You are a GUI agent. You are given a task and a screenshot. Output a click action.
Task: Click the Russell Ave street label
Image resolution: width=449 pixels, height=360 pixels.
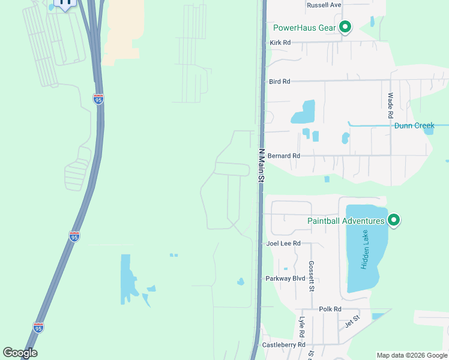pyautogui.click(x=324, y=5)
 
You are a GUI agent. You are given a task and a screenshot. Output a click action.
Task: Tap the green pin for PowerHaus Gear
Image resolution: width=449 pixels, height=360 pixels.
pyautogui.click(x=345, y=27)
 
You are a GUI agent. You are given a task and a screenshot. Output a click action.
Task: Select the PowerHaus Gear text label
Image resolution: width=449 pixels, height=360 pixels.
pyautogui.click(x=304, y=28)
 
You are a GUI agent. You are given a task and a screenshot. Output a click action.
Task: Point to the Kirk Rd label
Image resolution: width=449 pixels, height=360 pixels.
pyautogui.click(x=280, y=43)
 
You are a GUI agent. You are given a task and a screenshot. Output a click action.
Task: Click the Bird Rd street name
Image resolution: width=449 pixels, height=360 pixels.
pyautogui.click(x=280, y=81)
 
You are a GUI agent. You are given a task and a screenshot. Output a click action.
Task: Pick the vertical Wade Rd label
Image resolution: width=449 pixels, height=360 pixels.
pyautogui.click(x=390, y=105)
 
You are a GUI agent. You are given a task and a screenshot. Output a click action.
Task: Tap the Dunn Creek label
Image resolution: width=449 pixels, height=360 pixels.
pyautogui.click(x=414, y=125)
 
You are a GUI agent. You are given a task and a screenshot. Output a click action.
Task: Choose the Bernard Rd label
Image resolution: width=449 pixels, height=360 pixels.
pyautogui.click(x=284, y=155)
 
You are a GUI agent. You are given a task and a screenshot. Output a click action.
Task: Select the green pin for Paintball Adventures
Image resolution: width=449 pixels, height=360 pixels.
pyautogui.click(x=394, y=220)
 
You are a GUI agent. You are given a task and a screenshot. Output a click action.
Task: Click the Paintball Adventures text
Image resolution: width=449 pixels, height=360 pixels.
pyautogui.click(x=346, y=221)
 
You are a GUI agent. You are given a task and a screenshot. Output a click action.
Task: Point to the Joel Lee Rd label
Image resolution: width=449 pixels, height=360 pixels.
pyautogui.click(x=283, y=243)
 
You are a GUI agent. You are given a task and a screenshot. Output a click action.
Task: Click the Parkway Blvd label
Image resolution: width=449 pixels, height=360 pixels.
pyautogui.click(x=286, y=278)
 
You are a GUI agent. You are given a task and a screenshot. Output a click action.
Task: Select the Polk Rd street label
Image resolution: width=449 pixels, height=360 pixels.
pyautogui.click(x=330, y=309)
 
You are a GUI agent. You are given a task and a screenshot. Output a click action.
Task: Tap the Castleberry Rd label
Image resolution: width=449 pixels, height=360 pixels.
pyautogui.click(x=284, y=345)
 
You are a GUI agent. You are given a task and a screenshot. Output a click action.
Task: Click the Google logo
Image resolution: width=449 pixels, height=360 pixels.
pyautogui.click(x=20, y=353)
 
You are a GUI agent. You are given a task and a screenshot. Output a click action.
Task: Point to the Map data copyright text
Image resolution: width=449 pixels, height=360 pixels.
pyautogui.click(x=412, y=355)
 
